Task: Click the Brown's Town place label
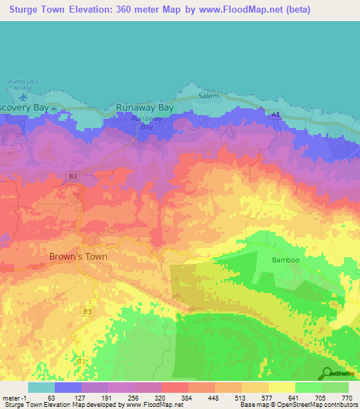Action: point(78,257)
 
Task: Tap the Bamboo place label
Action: point(285,260)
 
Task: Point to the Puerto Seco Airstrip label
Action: point(22,84)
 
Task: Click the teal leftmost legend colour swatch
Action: point(41,387)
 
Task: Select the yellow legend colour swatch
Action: point(281,387)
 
